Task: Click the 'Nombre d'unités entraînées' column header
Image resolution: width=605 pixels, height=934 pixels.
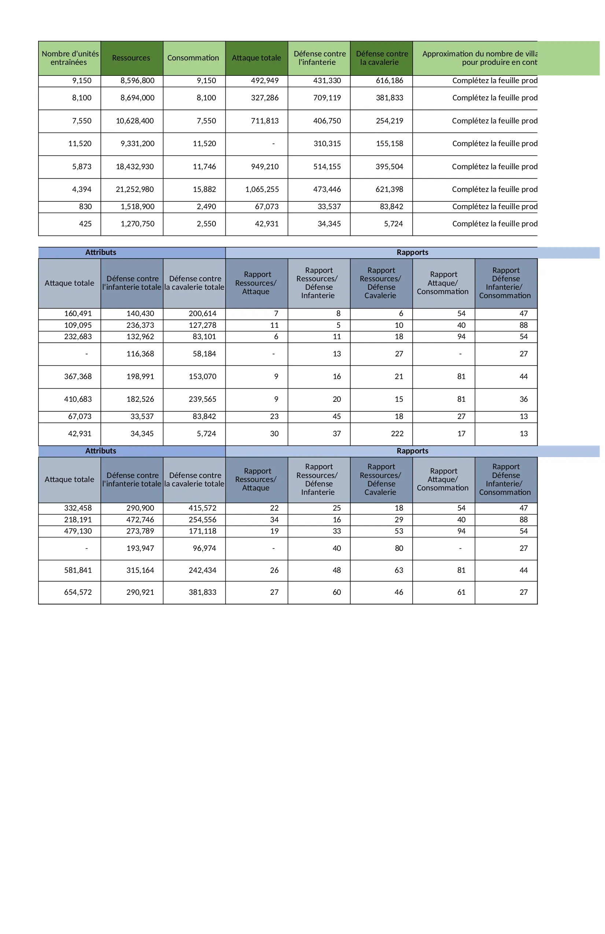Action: point(70,58)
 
